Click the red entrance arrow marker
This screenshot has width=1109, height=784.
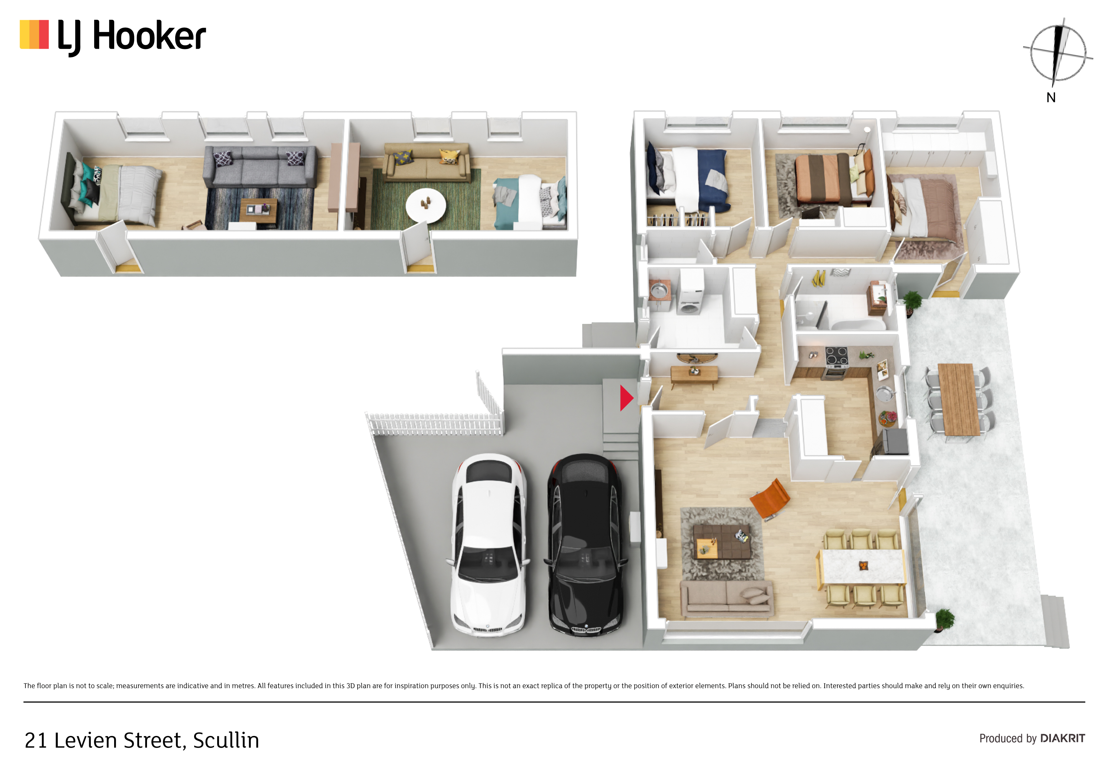click(x=626, y=398)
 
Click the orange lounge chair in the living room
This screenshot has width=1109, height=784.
click(x=770, y=499)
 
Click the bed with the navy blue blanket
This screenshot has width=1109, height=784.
click(x=688, y=179)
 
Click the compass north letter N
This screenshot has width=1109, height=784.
click(x=1051, y=98)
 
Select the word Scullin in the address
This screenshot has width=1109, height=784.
click(x=226, y=740)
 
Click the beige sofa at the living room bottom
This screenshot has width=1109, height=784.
click(x=726, y=598)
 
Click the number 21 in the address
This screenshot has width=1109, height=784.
click(x=36, y=740)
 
